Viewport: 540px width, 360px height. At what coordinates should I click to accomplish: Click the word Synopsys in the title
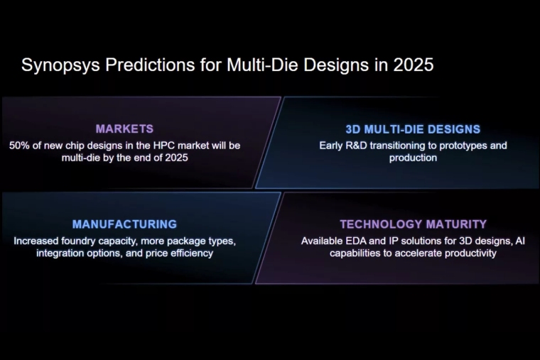(x=60, y=65)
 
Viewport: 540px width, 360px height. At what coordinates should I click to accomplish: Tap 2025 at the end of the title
(x=411, y=65)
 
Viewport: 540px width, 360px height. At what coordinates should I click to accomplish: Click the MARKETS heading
(x=124, y=129)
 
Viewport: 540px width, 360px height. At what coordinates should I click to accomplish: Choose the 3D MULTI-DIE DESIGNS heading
(x=413, y=129)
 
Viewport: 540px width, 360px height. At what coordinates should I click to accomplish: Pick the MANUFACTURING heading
(x=124, y=224)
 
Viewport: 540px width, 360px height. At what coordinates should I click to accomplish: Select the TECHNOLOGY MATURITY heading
(x=413, y=224)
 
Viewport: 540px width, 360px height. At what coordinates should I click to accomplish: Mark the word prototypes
(x=455, y=146)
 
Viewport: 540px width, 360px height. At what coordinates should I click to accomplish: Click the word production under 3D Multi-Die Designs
(x=413, y=158)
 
